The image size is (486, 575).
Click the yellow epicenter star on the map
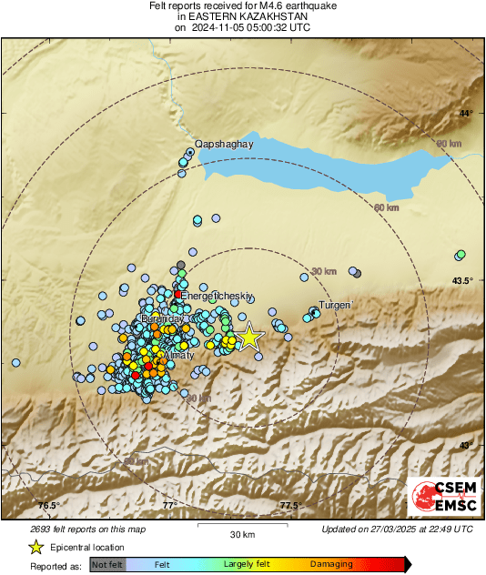click(249, 338)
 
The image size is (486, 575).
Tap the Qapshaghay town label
click(223, 143)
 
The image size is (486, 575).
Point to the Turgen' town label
click(335, 306)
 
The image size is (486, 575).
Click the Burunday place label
click(158, 320)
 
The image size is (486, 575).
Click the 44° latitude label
click(466, 114)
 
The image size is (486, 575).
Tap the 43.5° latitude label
click(463, 280)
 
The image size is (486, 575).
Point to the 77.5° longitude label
click(289, 506)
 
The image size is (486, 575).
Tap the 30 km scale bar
click(241, 528)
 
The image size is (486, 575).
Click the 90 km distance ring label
click(449, 144)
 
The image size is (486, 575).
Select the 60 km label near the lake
click(387, 208)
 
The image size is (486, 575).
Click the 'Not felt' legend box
click(107, 565)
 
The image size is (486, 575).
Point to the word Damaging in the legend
click(331, 565)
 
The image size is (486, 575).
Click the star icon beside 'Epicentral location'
click(35, 547)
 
